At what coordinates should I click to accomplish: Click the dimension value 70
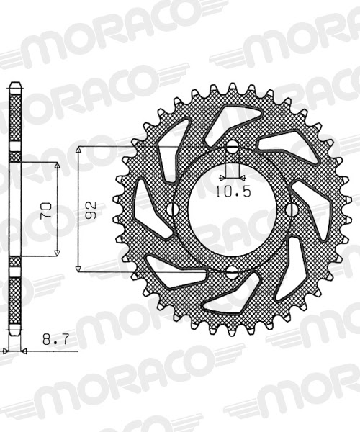(x=45, y=210)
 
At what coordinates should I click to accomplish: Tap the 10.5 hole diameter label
(x=231, y=192)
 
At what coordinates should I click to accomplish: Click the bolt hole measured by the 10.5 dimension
(x=231, y=148)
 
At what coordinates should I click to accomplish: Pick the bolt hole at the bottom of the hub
(x=231, y=271)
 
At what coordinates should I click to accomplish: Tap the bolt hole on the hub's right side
(x=292, y=210)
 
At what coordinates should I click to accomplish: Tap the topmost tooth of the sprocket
(x=232, y=88)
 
